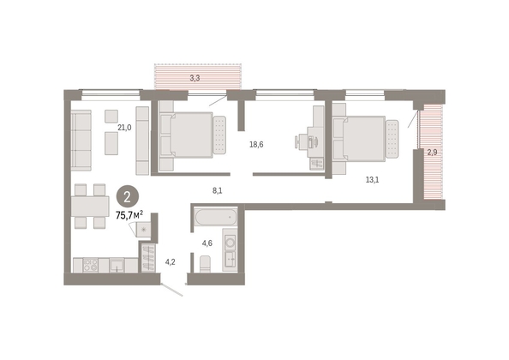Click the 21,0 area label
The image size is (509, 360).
coord(124,128)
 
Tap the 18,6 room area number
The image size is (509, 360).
coord(256,145)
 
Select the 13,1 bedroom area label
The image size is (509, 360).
coord(373,179)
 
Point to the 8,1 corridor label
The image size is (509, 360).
coord(217,191)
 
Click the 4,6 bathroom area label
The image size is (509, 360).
coord(207,243)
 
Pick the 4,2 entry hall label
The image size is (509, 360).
coord(171,262)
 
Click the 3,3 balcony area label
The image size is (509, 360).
coord(195,78)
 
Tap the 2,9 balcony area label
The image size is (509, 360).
coord(432,153)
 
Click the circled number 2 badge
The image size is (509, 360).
coord(128,197)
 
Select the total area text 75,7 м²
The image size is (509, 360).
coord(129,215)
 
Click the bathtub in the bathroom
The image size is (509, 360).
coord(216,217)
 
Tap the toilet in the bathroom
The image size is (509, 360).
coord(205,264)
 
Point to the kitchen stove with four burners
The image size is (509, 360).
coord(91,265)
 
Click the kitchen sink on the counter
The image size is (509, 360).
coord(117,265)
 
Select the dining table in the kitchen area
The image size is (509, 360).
coord(90,206)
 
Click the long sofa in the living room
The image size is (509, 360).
coord(81,141)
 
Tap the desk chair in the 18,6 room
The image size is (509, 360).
coord(300,142)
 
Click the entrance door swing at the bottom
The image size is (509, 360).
coord(171,290)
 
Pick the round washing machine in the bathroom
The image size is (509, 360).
coord(231,243)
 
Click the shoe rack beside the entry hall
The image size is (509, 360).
coord(149,258)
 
